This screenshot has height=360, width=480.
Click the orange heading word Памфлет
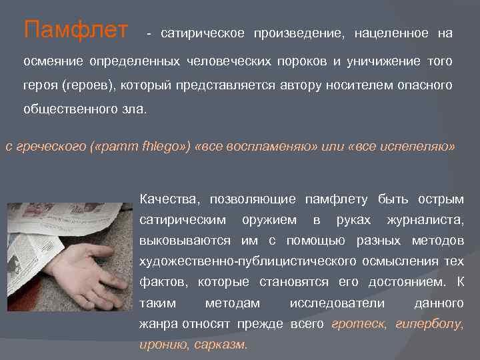[75, 30]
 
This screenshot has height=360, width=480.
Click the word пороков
[302, 62]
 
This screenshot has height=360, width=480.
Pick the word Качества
[167, 199]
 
